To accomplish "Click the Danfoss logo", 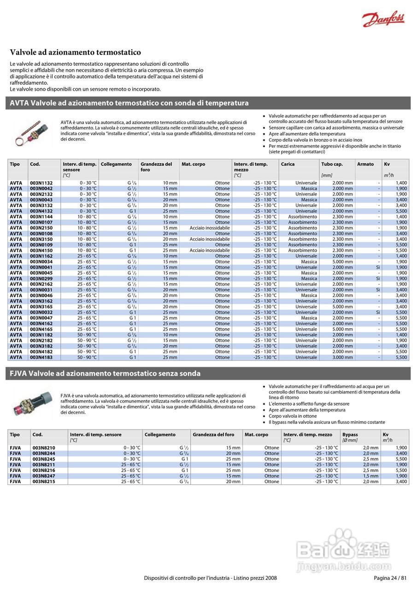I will pyautogui.click(x=383, y=19).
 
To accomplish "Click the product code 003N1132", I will pyautogui.click(x=41, y=183).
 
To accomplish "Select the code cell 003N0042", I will pyautogui.click(x=41, y=189).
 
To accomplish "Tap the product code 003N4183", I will pyautogui.click(x=41, y=357).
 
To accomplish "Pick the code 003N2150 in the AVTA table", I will pyautogui.click(x=41, y=228).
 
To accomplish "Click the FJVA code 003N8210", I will pyautogui.click(x=44, y=448).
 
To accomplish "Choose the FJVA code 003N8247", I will pyautogui.click(x=44, y=476).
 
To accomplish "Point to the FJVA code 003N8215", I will pyautogui.click(x=44, y=481).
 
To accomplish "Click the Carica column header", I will pyautogui.click(x=288, y=164).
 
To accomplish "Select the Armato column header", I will pyautogui.click(x=365, y=164).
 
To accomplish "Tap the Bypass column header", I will pyautogui.click(x=350, y=435).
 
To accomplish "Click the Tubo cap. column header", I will pyautogui.click(x=332, y=164).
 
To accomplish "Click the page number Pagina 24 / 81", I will pyautogui.click(x=390, y=578).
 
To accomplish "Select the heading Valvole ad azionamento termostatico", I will pyautogui.click(x=76, y=53).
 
